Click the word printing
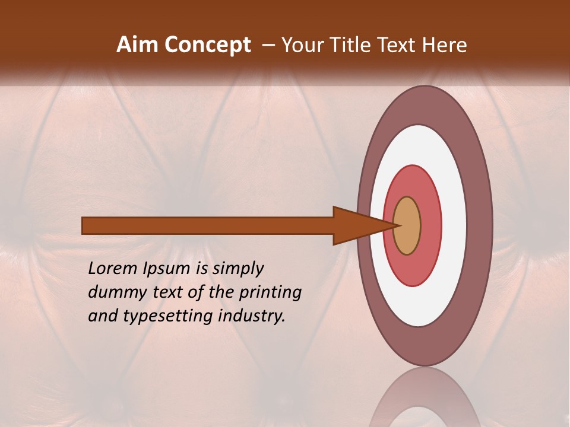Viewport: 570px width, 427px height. (270, 293)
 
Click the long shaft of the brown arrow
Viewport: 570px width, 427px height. (208, 226)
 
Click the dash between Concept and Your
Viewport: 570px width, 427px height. (268, 45)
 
